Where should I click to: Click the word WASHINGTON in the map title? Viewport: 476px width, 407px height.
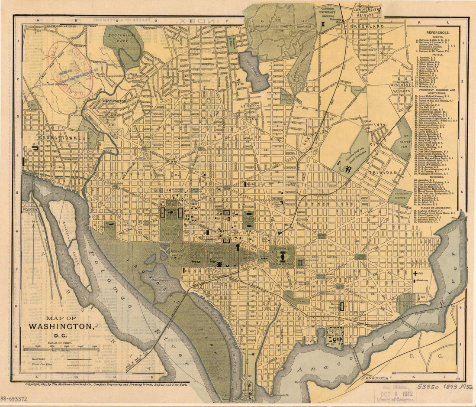tap(61, 326)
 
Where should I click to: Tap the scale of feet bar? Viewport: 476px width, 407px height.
tap(61, 349)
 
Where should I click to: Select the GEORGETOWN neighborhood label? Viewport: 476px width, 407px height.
tap(55, 138)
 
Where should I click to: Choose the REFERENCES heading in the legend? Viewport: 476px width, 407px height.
tap(437, 33)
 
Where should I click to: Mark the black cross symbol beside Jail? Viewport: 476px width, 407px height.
tap(415, 274)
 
